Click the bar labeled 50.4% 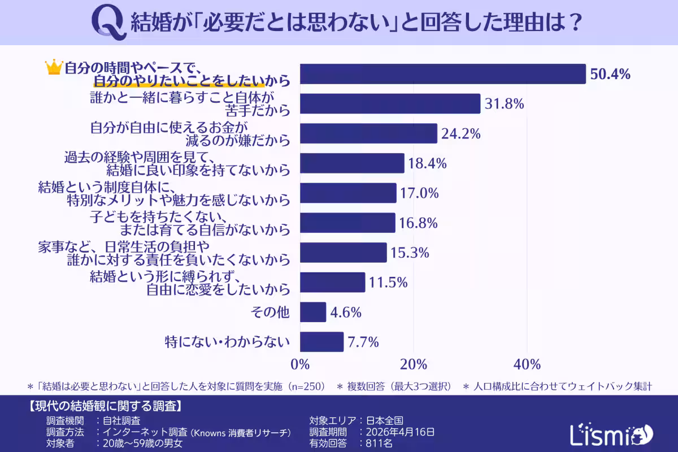(x=442, y=74)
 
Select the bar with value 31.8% (x=390, y=104)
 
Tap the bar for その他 (x=313, y=312)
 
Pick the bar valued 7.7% (x=321, y=342)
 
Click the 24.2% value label (x=461, y=134)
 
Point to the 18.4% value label (x=428, y=164)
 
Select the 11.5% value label (x=389, y=282)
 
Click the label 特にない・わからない (x=227, y=342)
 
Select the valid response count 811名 (x=376, y=444)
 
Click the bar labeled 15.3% (x=343, y=253)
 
